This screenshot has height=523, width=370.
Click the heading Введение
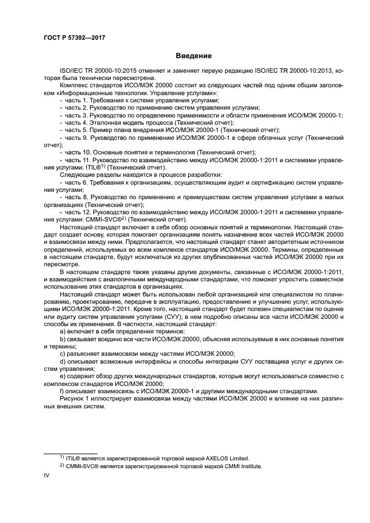pyautogui.click(x=193, y=56)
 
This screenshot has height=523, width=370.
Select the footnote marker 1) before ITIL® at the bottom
pyautogui.click(x=62, y=456)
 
